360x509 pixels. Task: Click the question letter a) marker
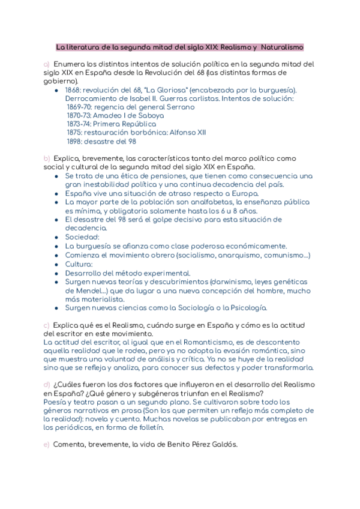(x=46, y=64)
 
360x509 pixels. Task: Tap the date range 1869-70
(x=78, y=107)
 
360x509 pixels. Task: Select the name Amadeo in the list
(x=108, y=115)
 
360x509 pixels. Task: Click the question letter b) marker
(x=46, y=158)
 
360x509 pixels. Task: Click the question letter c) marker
(x=46, y=325)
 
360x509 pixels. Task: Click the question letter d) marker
(x=46, y=385)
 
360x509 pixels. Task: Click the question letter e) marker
(x=46, y=445)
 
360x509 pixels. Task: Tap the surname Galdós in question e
(x=224, y=445)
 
